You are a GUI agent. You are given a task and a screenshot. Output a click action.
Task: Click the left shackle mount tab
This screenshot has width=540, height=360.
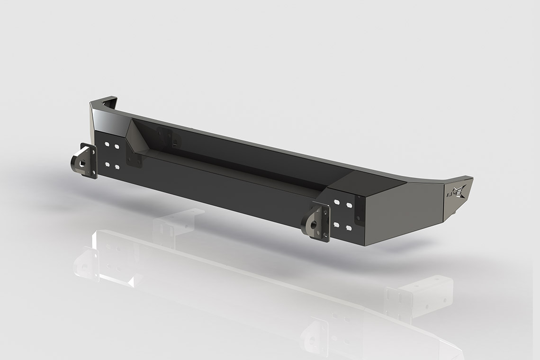[84, 161]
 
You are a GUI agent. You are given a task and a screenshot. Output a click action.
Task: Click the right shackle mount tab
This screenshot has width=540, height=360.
[320, 220]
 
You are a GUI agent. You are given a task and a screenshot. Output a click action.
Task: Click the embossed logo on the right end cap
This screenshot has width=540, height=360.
[456, 192]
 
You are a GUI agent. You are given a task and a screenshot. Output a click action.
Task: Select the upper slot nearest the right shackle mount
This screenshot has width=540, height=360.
[336, 202]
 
